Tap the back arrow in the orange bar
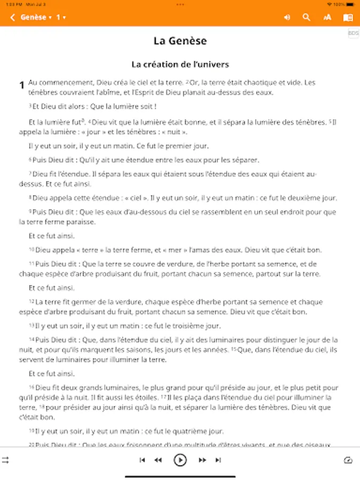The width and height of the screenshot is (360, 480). pyautogui.click(x=12, y=18)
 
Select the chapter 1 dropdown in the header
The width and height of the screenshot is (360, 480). pyautogui.click(x=61, y=18)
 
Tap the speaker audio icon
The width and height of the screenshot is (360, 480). pyautogui.click(x=287, y=18)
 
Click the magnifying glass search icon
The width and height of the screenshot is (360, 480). pyautogui.click(x=306, y=18)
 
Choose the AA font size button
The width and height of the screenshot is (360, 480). pyautogui.click(x=327, y=18)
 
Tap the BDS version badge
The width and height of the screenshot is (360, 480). pyautogui.click(x=353, y=33)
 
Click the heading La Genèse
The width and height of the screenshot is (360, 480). pyautogui.click(x=180, y=41)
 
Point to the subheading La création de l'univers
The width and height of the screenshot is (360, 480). pyautogui.click(x=180, y=65)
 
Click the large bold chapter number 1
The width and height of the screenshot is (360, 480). pyautogui.click(x=22, y=85)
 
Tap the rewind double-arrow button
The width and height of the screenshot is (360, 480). pyautogui.click(x=158, y=460)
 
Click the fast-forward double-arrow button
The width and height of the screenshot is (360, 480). pyautogui.click(x=202, y=460)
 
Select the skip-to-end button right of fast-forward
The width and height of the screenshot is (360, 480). pyautogui.click(x=218, y=460)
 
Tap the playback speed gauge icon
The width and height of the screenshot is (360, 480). pyautogui.click(x=348, y=460)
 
